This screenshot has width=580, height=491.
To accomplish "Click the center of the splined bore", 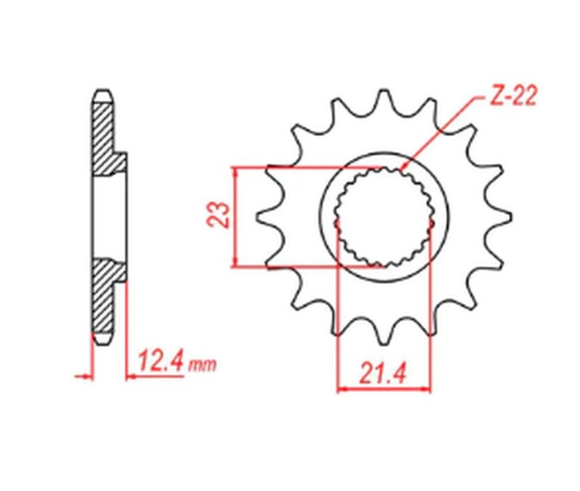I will point(384,216).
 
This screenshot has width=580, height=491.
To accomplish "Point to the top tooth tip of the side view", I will point(102,93).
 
